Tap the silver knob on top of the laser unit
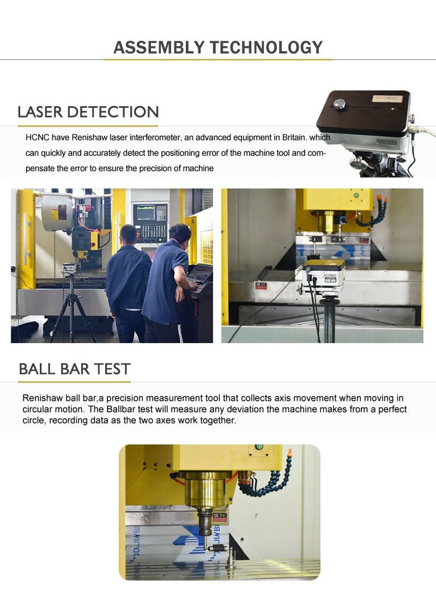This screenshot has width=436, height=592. tap(340, 104)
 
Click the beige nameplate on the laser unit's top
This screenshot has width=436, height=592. tap(387, 99)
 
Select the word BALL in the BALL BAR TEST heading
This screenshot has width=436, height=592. tap(39, 369)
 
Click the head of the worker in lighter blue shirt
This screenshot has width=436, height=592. tap(180, 234)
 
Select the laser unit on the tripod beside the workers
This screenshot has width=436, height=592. tap(68, 268)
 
